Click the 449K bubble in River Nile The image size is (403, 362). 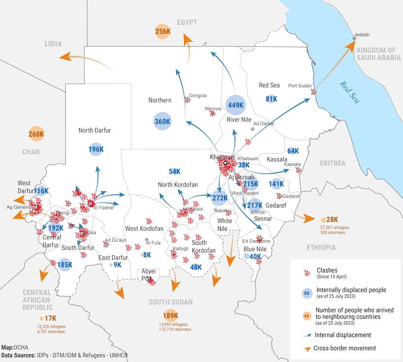pyautogui.click(x=236, y=105)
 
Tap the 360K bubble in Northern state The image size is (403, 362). pyautogui.click(x=162, y=122)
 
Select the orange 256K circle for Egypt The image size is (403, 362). pyautogui.click(x=163, y=31)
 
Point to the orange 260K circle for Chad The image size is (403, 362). pyautogui.click(x=36, y=134)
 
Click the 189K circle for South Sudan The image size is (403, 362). pyautogui.click(x=170, y=316)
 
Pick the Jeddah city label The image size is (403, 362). pyautogui.click(x=362, y=35)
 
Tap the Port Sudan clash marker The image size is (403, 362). pyautogui.click(x=314, y=92)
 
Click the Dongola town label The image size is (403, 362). pyautogui.click(x=198, y=95)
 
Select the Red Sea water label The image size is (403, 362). pyautogui.click(x=349, y=92)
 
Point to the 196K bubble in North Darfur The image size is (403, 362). pyautogui.click(x=96, y=149)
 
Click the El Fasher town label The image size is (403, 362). pyautogui.click(x=104, y=208)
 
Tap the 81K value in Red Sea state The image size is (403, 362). pyautogui.click(x=271, y=99)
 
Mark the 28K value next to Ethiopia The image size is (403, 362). pyautogui.click(x=332, y=219)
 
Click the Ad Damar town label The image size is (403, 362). pyautogui.click(x=264, y=123)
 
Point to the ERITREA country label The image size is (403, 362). pyautogui.click(x=333, y=163)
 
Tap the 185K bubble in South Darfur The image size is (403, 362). pyautogui.click(x=65, y=265)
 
